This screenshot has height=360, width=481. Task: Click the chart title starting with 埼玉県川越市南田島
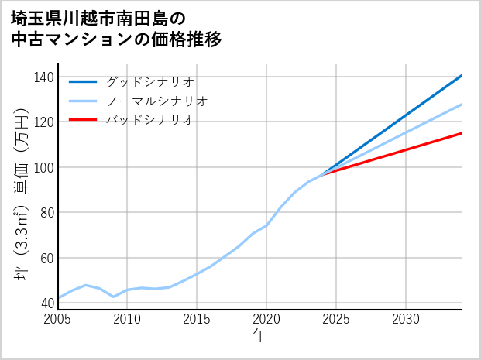click(116, 29)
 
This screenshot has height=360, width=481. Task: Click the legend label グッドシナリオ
click(149, 81)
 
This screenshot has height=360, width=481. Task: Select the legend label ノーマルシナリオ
click(156, 101)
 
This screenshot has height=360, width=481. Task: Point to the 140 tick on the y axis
click(44, 77)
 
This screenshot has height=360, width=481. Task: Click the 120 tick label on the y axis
click(44, 122)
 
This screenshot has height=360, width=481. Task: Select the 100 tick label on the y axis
click(44, 167)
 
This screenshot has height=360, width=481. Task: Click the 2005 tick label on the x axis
click(58, 319)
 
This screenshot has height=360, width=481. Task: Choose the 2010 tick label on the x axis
click(127, 319)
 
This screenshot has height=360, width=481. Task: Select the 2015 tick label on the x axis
click(197, 319)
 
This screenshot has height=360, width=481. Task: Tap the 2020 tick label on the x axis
click(266, 319)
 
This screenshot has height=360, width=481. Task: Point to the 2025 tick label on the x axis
click(336, 319)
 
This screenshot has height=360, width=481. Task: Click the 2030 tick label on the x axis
click(406, 319)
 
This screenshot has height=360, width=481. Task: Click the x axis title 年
click(259, 336)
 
